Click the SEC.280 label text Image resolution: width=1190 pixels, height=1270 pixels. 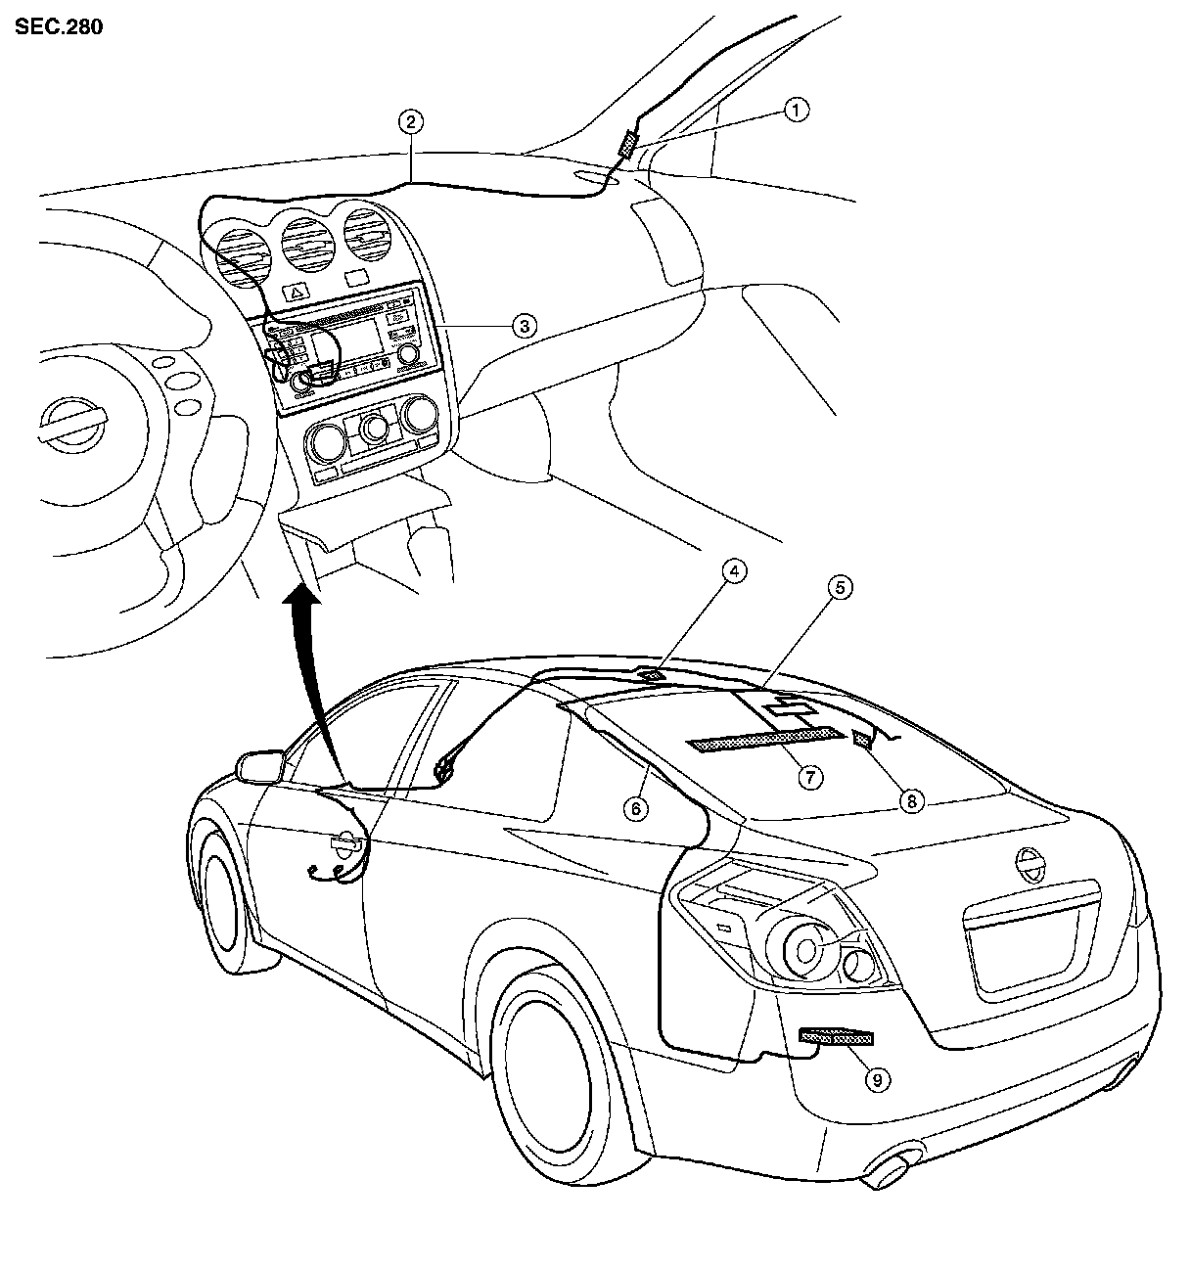[59, 26]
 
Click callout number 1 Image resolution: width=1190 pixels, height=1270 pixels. [798, 110]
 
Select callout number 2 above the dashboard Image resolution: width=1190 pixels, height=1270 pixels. [411, 122]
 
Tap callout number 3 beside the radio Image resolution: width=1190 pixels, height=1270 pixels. [526, 326]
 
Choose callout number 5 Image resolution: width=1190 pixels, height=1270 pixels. [839, 587]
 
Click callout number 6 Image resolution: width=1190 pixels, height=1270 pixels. [636, 808]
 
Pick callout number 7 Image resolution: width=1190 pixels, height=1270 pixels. [808, 777]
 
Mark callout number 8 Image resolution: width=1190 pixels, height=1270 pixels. [911, 801]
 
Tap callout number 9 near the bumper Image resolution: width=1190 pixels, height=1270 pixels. [877, 1078]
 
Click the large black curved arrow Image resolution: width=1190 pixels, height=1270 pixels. [311, 675]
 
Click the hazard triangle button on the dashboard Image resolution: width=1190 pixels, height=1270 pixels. [296, 291]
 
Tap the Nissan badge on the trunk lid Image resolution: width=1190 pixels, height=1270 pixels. [1029, 866]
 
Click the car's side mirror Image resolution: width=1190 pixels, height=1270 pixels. [259, 765]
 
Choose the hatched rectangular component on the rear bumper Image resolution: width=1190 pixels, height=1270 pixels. [836, 1037]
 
